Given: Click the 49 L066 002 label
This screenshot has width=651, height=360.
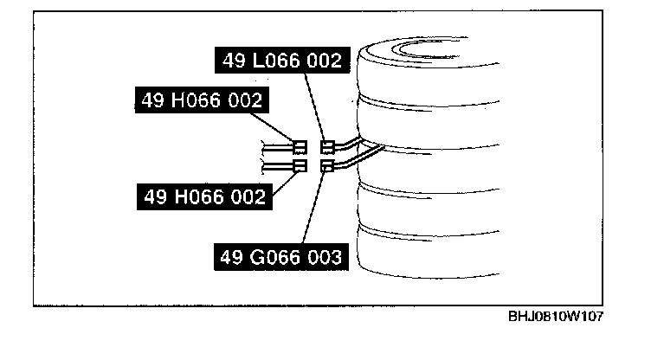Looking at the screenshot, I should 280,61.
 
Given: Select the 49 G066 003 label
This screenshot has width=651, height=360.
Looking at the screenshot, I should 280,256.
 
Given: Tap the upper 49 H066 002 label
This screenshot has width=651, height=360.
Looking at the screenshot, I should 203,101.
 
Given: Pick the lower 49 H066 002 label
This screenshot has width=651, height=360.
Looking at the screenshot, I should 203,196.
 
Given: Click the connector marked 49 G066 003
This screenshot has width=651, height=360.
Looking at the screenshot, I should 327,164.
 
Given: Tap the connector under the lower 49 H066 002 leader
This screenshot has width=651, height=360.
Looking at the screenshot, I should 300,164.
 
